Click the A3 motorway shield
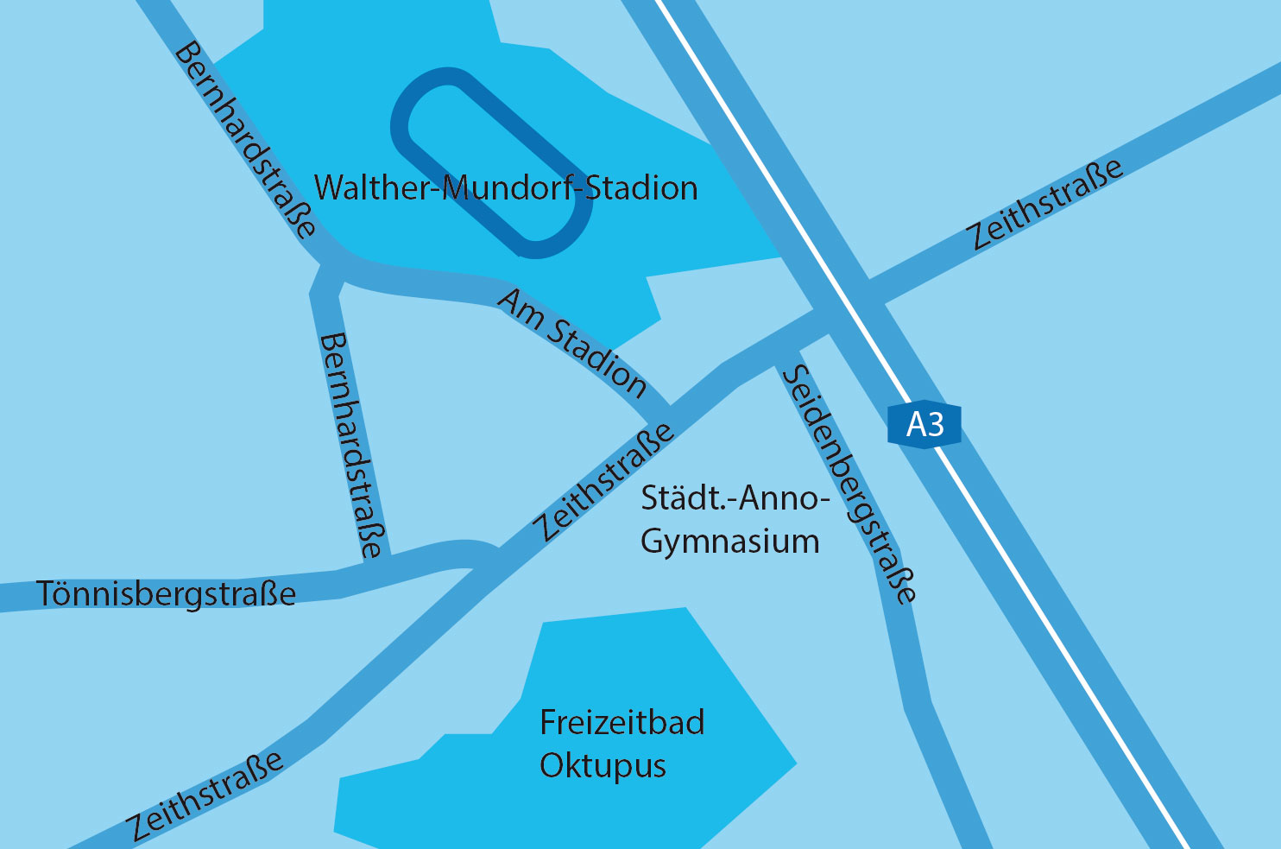[924, 425]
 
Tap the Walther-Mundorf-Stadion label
[505, 188]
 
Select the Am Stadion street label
[572, 343]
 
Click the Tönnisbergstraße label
[167, 594]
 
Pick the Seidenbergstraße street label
[850, 484]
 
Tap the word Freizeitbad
[622, 722]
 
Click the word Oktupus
[603, 766]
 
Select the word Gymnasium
[730, 542]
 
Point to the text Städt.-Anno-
[735, 498]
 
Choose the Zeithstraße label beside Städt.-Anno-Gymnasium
[603, 482]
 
